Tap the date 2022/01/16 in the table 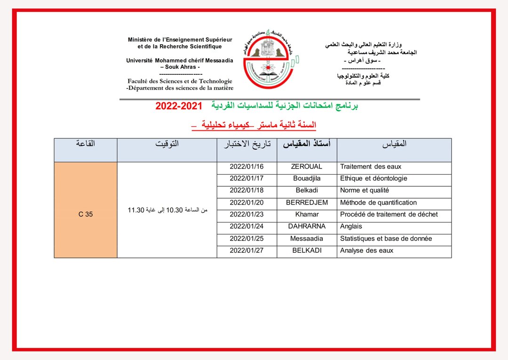pyautogui.click(x=246, y=167)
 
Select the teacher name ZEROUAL pyautogui.click(x=307, y=167)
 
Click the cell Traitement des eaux pyautogui.click(x=371, y=167)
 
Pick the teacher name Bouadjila pyautogui.click(x=307, y=178)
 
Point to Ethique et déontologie pyautogui.click(x=373, y=178)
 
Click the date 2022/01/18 pyautogui.click(x=246, y=191)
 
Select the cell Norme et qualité pyautogui.click(x=365, y=191)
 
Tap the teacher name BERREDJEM pyautogui.click(x=307, y=202)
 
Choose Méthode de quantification pyautogui.click(x=378, y=202)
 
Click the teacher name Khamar pyautogui.click(x=307, y=215)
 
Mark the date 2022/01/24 pyautogui.click(x=246, y=226)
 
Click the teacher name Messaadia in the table pyautogui.click(x=307, y=239)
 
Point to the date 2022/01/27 pyautogui.click(x=246, y=250)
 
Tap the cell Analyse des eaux pyautogui.click(x=366, y=250)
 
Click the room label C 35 pyautogui.click(x=86, y=214)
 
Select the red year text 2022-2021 pyautogui.click(x=178, y=106)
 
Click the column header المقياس pyautogui.click(x=394, y=144)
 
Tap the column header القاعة pyautogui.click(x=86, y=144)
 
